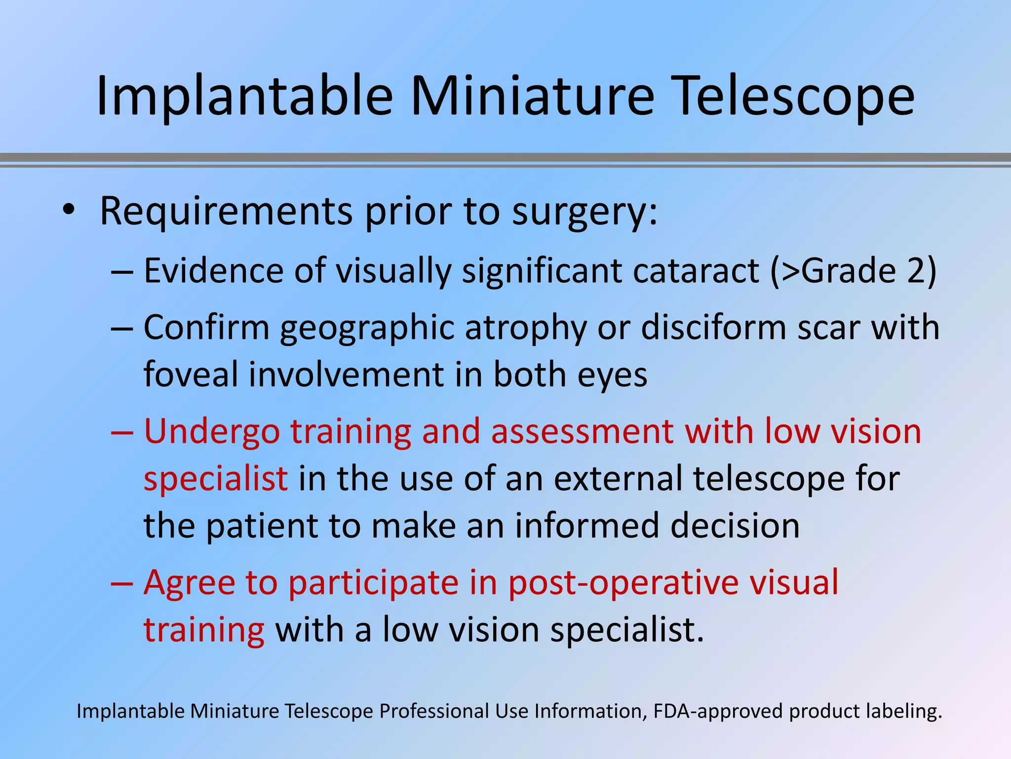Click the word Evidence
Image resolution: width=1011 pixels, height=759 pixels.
pos(214,271)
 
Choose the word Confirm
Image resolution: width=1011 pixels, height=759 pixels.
pos(206,328)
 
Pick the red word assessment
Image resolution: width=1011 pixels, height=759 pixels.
pos(582,431)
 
